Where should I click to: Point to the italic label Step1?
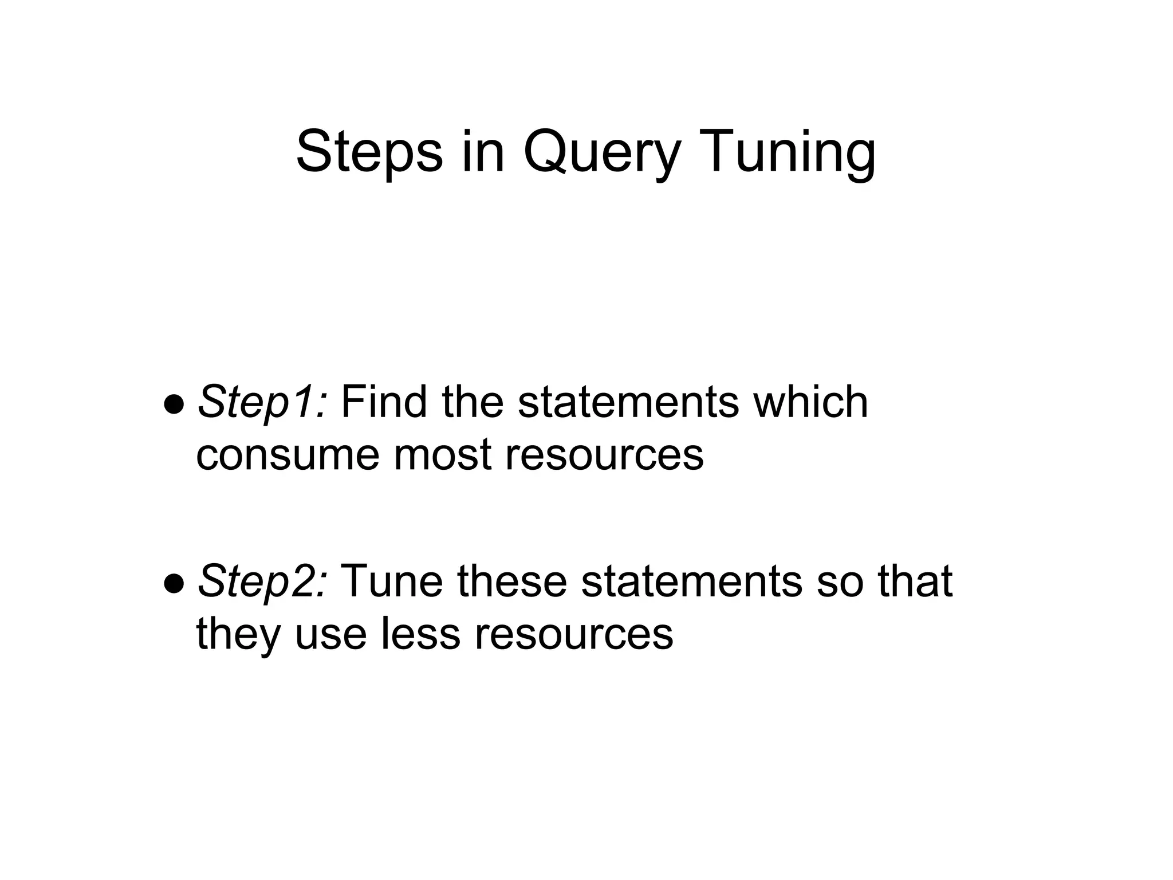(262, 402)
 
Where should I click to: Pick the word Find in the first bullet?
(383, 402)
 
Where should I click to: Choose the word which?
(810, 402)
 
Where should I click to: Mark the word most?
(442, 455)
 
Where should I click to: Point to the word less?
(420, 634)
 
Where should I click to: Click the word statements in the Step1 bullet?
(628, 402)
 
